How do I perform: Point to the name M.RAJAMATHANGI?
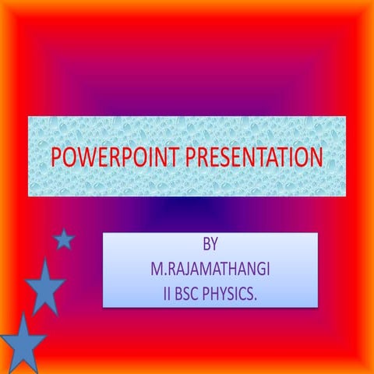pyautogui.click(x=210, y=270)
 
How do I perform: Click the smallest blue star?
pyautogui.click(x=63, y=239)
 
